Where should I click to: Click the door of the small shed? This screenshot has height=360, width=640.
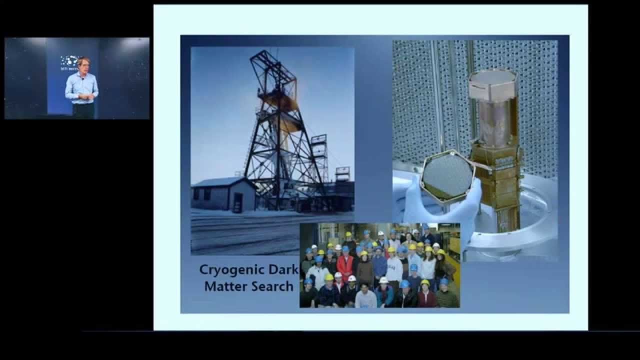(237, 202)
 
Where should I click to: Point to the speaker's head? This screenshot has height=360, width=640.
(81, 64)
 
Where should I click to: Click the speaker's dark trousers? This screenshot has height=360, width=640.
(83, 110)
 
